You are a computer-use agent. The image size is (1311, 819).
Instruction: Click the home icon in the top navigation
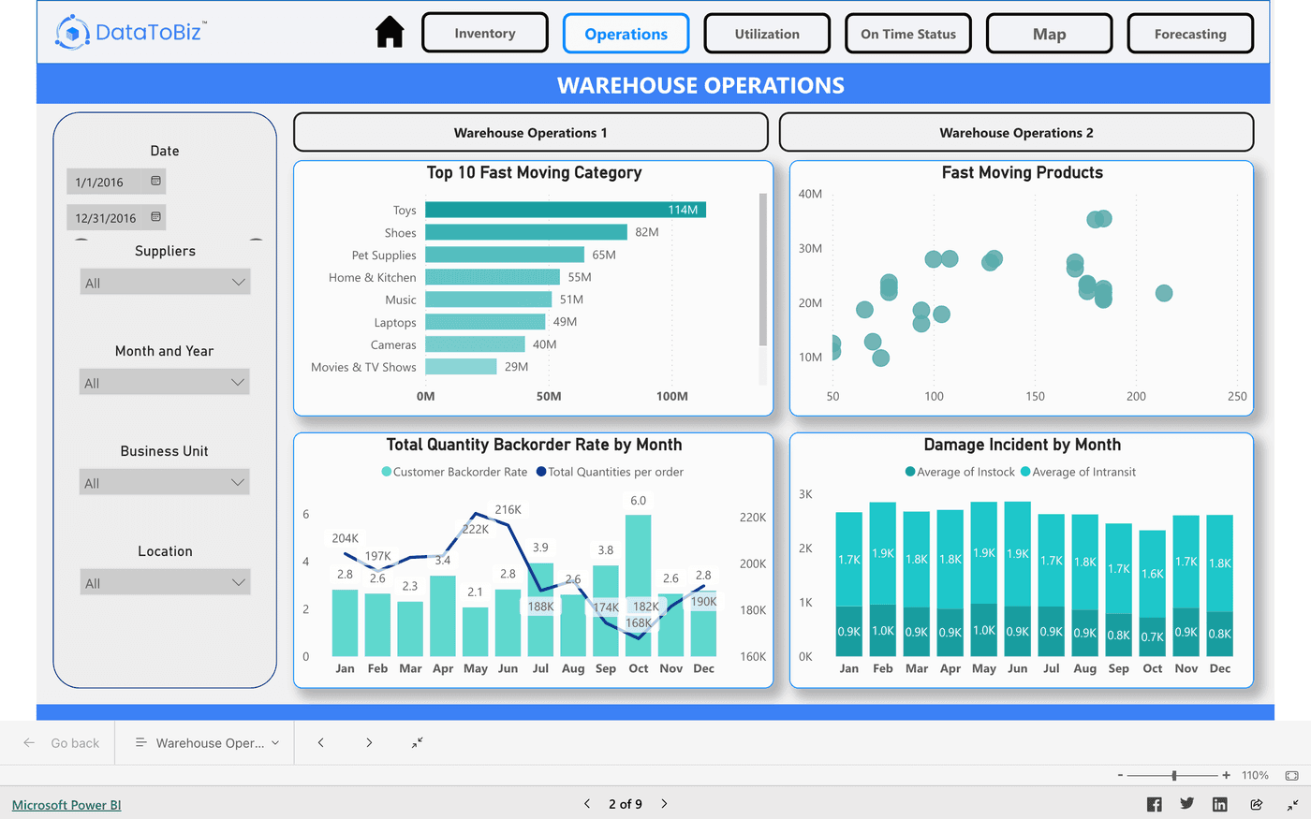tap(390, 33)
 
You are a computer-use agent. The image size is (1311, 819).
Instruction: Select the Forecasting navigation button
tap(1190, 34)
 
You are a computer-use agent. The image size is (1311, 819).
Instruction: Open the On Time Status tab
tap(908, 34)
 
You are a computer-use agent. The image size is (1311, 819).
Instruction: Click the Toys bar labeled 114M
tap(565, 210)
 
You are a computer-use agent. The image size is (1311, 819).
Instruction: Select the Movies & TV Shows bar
tap(461, 367)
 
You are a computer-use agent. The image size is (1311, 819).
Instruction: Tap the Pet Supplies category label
tap(384, 255)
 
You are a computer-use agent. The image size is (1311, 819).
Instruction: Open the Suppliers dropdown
tap(166, 283)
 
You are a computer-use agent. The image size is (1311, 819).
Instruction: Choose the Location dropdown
tap(166, 583)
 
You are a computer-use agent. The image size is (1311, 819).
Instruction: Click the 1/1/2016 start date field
tap(106, 182)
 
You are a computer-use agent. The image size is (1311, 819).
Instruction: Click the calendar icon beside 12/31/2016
tap(155, 217)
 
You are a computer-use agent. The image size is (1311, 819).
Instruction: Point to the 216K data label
tap(508, 510)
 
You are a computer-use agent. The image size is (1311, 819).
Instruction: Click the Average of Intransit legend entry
tap(1078, 472)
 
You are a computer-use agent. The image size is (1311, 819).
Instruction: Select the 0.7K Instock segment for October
tap(1153, 636)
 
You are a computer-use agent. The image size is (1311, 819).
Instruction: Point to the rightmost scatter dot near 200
tap(1164, 293)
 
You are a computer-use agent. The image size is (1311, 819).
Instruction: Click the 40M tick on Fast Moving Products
tap(810, 194)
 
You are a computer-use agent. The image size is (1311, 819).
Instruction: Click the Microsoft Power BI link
tap(66, 805)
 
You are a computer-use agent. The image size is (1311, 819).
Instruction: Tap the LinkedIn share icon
tap(1219, 804)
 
